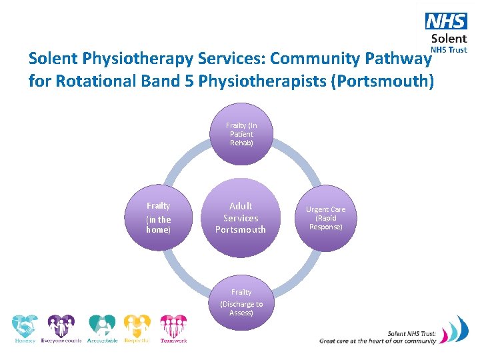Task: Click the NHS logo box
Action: tap(446, 21)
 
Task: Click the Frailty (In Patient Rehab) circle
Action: tap(241, 134)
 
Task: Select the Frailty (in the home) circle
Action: tap(159, 217)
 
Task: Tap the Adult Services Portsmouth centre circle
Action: tap(241, 218)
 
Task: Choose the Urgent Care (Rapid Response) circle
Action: tap(325, 217)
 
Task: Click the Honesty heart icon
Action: tap(25, 325)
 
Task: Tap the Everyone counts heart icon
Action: tap(61, 325)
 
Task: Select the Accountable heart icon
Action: tap(102, 325)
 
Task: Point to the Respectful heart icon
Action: tap(137, 325)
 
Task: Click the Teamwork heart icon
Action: tap(173, 325)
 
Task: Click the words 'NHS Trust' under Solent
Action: tap(449, 49)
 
